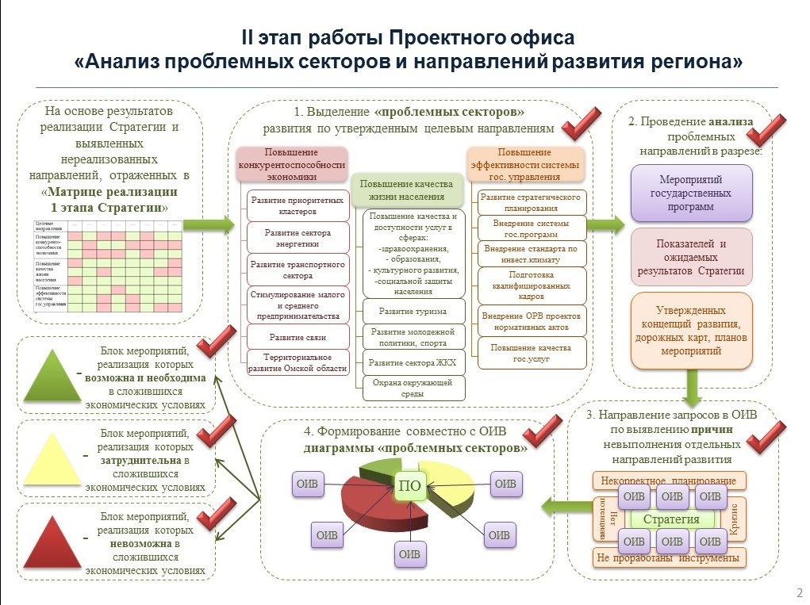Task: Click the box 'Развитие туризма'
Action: (x=412, y=311)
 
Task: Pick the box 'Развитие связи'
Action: (x=298, y=337)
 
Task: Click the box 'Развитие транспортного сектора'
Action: (x=298, y=270)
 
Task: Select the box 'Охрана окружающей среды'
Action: (x=413, y=388)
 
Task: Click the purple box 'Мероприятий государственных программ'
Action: (x=691, y=193)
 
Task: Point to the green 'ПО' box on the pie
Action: (x=410, y=486)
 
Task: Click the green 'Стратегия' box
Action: (x=671, y=519)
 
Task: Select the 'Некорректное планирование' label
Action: (x=669, y=481)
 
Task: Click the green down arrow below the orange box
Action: (x=691, y=386)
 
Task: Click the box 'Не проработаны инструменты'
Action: (x=670, y=557)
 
